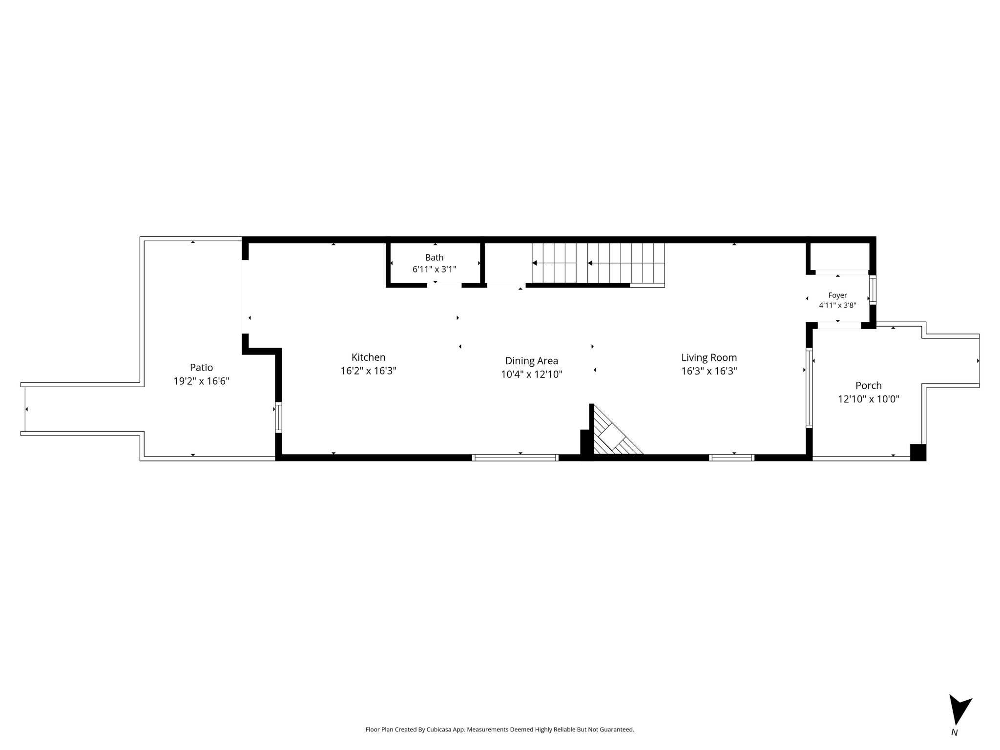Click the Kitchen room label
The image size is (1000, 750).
[x=368, y=357]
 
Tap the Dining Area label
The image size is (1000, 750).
[x=531, y=361]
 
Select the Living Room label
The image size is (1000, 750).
[x=709, y=358]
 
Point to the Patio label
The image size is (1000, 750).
[x=201, y=368]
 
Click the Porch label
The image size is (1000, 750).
[x=869, y=386]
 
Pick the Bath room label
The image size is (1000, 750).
[x=434, y=258]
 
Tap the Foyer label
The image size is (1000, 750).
[x=837, y=295]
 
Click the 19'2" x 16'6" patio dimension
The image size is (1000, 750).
[x=201, y=381]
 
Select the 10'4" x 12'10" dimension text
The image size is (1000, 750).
[x=532, y=375]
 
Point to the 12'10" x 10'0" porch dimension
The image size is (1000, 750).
[x=869, y=399]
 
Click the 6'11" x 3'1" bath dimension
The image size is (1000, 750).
[x=434, y=269]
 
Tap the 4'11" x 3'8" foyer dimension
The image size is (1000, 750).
[x=837, y=306]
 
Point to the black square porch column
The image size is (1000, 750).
[x=918, y=452]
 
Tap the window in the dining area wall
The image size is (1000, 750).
[x=515, y=458]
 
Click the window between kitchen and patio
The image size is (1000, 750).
[x=278, y=417]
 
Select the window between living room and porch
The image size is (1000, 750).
[x=809, y=388]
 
